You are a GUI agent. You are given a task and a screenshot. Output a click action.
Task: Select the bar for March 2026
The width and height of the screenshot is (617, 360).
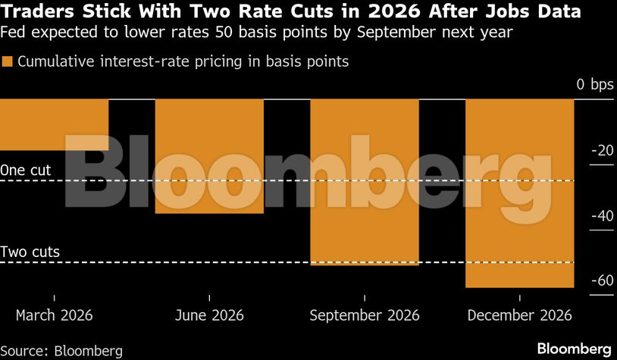[x=54, y=124]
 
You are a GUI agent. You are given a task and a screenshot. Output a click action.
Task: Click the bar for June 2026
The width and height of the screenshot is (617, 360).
[x=209, y=156]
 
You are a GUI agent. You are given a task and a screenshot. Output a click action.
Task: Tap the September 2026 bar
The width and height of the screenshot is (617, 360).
[x=364, y=182]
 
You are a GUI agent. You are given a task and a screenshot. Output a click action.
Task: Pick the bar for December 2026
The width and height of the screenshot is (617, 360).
[x=519, y=193]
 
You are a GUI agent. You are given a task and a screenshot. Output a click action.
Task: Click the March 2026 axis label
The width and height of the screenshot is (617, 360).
[x=54, y=315]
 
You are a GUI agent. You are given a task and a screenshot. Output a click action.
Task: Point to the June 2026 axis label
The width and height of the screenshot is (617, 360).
[x=209, y=315]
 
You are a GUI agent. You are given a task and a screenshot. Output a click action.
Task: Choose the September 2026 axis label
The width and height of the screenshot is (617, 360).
[x=364, y=315]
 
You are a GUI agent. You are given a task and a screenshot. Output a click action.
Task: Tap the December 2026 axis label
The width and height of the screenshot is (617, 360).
[x=519, y=315]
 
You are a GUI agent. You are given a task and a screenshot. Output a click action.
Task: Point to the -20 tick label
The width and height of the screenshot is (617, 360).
[x=601, y=151]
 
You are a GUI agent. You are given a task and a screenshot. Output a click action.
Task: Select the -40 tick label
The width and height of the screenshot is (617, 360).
[x=601, y=216]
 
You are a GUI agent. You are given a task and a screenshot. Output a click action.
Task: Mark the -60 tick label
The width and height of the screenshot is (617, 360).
[x=601, y=281]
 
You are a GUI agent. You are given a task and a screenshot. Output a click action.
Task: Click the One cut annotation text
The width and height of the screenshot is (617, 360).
[x=26, y=171]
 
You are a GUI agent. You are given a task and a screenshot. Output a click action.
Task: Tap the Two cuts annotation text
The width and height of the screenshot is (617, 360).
[x=30, y=252]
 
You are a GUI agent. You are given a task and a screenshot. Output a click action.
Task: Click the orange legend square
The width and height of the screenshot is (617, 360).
[x=8, y=62]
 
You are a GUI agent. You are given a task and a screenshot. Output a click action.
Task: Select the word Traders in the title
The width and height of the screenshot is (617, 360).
[x=39, y=12]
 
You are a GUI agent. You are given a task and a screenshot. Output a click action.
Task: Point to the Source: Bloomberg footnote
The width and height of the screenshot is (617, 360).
[x=61, y=350]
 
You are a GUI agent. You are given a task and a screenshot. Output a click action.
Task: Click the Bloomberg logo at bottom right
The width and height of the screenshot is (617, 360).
[x=574, y=349]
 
